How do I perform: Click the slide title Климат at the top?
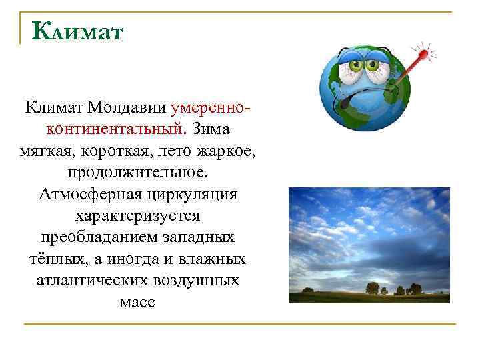tap(77, 31)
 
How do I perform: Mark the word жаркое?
tap(223, 151)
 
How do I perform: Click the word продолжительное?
tap(137, 173)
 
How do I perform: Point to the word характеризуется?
tap(137, 216)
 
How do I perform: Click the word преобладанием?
tap(91, 238)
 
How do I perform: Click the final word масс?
tap(137, 303)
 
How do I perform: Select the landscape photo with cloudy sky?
tap(369, 245)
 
